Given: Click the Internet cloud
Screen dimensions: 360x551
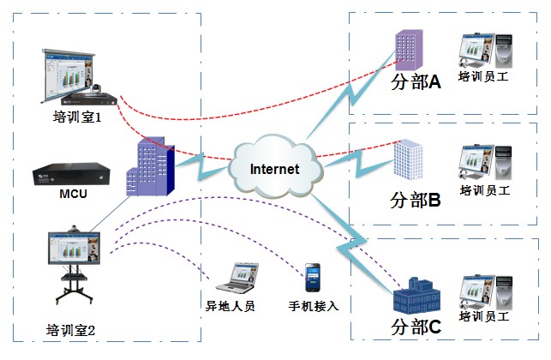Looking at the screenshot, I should [x=274, y=167].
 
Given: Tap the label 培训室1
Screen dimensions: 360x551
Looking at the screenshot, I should [x=77, y=118].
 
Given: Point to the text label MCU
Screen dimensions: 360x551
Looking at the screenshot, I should [x=73, y=194].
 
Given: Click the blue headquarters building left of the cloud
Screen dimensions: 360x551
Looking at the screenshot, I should [x=151, y=169].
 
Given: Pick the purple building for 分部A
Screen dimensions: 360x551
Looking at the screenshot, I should [x=407, y=50].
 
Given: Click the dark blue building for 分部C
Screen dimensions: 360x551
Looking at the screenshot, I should [x=416, y=296].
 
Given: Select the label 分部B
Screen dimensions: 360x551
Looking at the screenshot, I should [x=415, y=201].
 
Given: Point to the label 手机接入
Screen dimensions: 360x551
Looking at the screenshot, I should [x=314, y=305].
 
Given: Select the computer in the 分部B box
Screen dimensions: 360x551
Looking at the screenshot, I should [x=486, y=163].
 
